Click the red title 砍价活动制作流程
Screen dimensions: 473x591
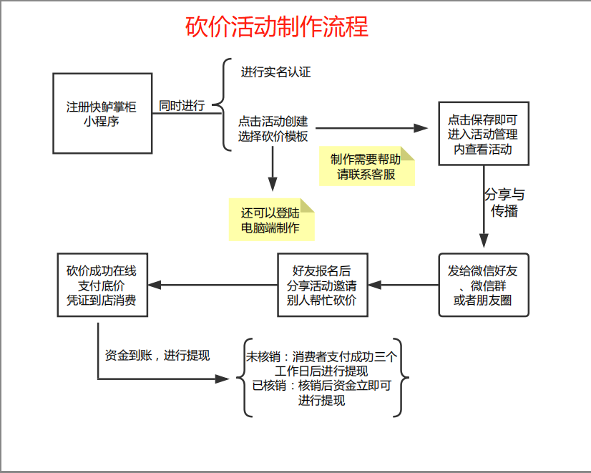click(277, 27)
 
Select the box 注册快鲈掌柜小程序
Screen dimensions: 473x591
click(102, 113)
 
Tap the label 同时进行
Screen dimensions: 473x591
click(182, 106)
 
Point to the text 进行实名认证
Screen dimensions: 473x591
click(275, 72)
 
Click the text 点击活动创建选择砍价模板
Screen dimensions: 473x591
click(273, 129)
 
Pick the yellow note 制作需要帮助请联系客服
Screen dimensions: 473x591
click(366, 167)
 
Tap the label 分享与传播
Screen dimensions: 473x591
click(504, 203)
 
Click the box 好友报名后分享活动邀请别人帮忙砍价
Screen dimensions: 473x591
click(322, 285)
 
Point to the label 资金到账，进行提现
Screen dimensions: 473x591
click(157, 355)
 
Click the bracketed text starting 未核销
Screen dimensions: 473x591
click(321, 379)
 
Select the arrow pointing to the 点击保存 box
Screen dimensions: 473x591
click(372, 129)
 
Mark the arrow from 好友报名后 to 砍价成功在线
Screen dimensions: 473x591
click(211, 285)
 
